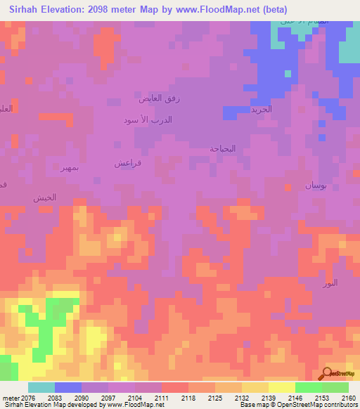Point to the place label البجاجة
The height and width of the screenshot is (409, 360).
tap(223, 149)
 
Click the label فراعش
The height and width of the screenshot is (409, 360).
tap(128, 162)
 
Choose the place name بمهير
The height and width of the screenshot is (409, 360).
tap(73, 169)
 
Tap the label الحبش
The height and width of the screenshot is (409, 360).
tap(44, 198)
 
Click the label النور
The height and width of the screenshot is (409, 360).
tap(330, 283)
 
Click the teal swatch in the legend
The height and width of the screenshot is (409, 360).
tap(41, 387)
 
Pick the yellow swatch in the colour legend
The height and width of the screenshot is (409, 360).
tap(282, 387)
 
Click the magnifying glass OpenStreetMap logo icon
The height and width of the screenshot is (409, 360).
tap(327, 372)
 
